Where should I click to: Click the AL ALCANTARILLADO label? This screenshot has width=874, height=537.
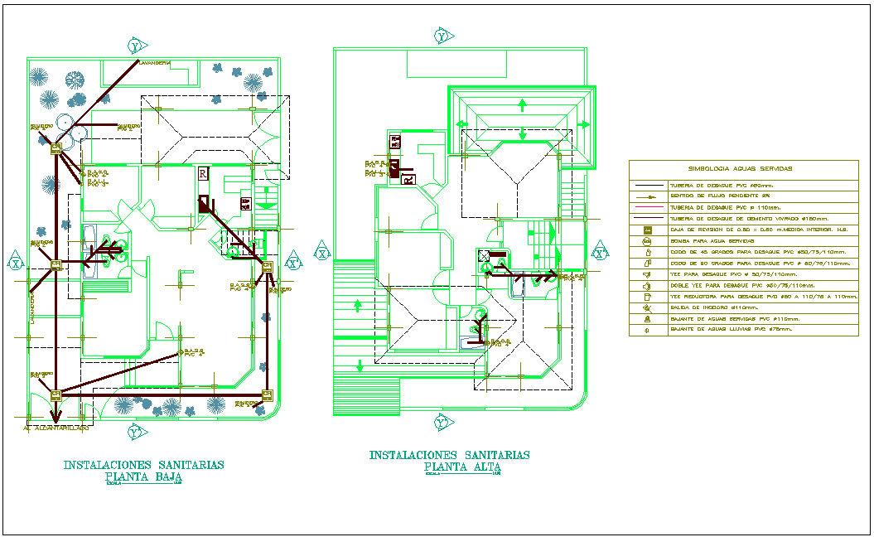click(x=56, y=428)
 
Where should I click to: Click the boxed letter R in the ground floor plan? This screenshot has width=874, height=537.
click(x=203, y=173)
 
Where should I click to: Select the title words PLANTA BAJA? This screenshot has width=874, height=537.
click(x=143, y=477)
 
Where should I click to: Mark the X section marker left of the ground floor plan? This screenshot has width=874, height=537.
click(x=16, y=264)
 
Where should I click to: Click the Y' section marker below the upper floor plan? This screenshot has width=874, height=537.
click(x=442, y=424)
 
